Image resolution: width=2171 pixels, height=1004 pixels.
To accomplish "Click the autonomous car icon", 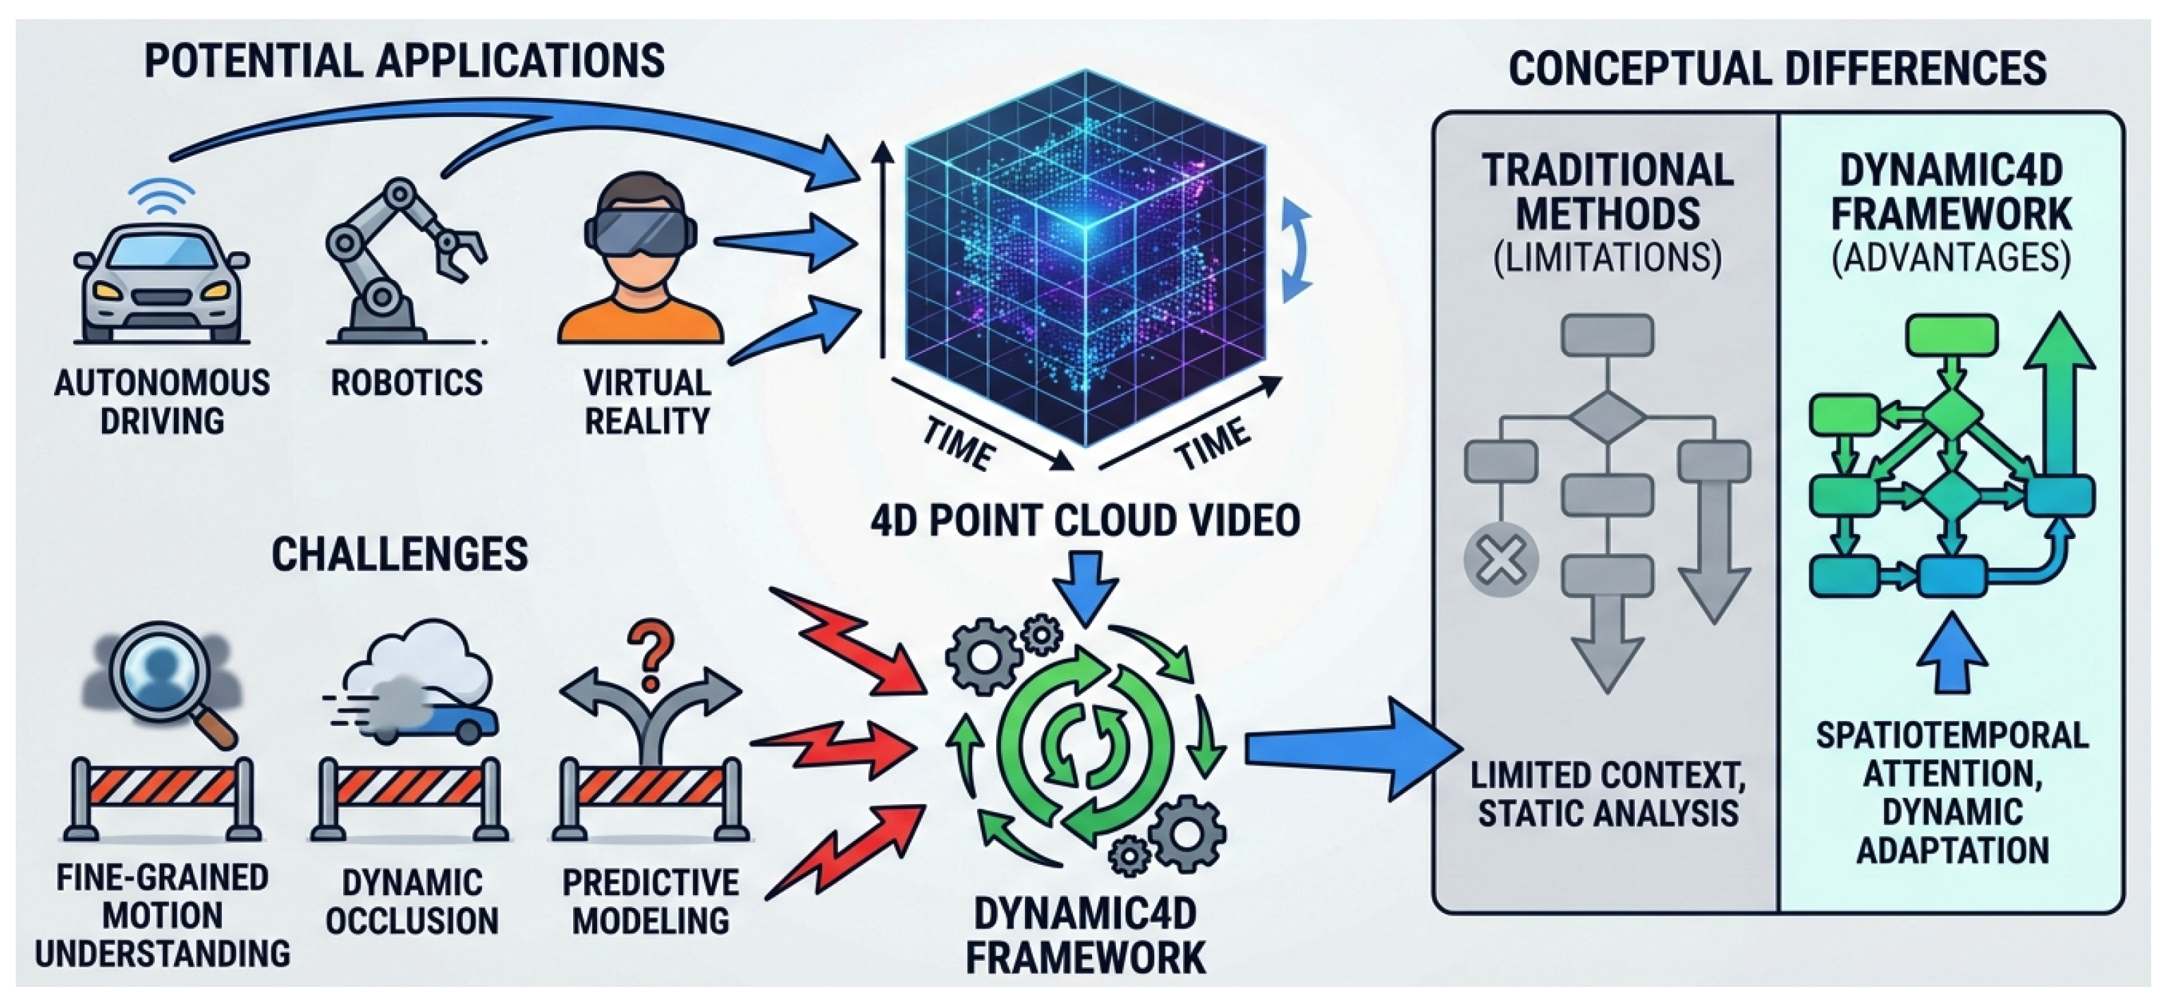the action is click(x=161, y=282).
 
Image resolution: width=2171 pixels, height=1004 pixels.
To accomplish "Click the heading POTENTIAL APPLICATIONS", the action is click(x=405, y=62).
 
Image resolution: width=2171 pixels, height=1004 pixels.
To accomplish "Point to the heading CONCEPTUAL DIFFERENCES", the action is click(x=1777, y=68).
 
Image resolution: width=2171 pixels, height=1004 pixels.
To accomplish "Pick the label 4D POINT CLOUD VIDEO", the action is click(x=1086, y=520).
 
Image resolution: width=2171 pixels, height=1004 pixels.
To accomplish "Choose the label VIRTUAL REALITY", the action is click(x=647, y=401).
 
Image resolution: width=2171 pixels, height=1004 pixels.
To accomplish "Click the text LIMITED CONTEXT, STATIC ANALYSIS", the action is click(x=1608, y=794).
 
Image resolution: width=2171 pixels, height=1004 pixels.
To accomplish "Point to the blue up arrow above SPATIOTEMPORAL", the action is click(x=1952, y=653).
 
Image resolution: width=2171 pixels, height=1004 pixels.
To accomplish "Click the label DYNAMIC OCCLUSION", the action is click(x=412, y=902).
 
